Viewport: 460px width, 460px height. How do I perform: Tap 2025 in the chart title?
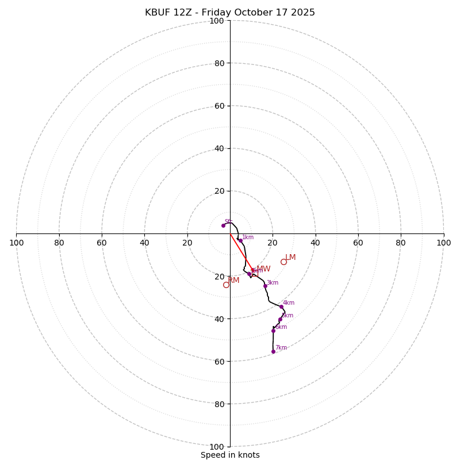pos(303,13)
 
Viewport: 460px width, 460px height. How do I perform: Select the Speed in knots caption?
pos(230,455)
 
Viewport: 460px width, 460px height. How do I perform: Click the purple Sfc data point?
pos(223,225)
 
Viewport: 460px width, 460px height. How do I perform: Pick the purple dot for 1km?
pos(240,241)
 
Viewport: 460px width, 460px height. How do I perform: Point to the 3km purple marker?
pos(265,286)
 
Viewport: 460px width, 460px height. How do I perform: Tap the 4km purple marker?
pos(281,306)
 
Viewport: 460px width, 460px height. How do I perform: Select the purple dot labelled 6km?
pos(273,331)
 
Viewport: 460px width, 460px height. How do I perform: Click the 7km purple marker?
pos(273,351)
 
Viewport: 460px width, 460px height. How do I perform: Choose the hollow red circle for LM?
pos(283,262)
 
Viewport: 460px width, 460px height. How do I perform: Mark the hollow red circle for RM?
pos(226,285)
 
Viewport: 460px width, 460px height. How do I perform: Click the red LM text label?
pos(290,258)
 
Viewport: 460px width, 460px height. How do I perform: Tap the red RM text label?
pos(234,280)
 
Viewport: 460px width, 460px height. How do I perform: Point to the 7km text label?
pos(281,347)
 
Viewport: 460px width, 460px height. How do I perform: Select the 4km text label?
pos(289,302)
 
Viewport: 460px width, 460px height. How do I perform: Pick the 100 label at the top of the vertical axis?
pos(217,21)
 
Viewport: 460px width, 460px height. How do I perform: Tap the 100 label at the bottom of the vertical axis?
pos(217,447)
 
